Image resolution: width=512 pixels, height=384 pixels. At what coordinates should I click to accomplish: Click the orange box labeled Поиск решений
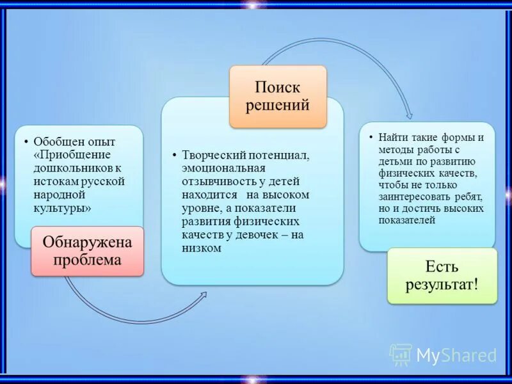click(x=278, y=96)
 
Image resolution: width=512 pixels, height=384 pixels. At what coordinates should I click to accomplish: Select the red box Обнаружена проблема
click(x=88, y=251)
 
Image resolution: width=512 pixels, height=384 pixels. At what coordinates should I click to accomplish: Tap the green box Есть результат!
click(x=442, y=275)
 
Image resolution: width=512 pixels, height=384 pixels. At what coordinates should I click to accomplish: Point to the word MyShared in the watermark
click(x=456, y=355)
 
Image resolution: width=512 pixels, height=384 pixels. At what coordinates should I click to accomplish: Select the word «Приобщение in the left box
click(x=72, y=154)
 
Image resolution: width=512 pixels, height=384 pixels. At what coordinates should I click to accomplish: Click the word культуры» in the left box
click(x=61, y=208)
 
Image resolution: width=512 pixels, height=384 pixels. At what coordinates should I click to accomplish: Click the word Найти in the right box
click(x=391, y=138)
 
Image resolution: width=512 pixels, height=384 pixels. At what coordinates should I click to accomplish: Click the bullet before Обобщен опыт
click(x=26, y=141)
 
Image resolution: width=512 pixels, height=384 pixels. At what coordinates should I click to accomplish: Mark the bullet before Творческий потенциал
click(x=174, y=156)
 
